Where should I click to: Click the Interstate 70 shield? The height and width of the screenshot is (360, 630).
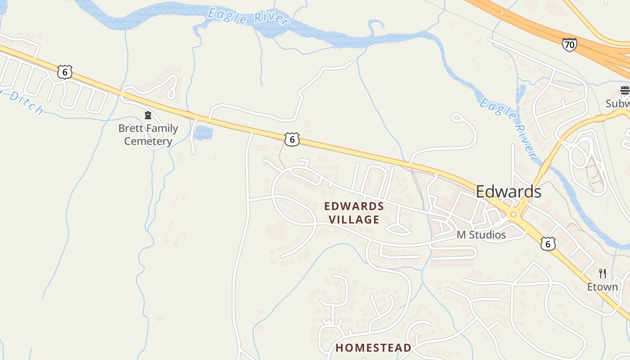(x=569, y=45)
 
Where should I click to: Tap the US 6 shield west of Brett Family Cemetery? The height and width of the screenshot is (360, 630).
(x=65, y=72)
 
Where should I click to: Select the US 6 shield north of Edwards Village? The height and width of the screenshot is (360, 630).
(x=292, y=139)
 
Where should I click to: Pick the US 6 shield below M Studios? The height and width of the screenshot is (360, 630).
(x=548, y=243)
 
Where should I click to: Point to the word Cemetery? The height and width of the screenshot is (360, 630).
(x=148, y=141)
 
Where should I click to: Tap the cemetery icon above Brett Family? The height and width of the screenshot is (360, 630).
(x=148, y=116)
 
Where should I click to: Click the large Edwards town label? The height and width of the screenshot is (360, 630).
(x=508, y=192)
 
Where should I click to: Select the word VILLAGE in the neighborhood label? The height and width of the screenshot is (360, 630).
(x=354, y=220)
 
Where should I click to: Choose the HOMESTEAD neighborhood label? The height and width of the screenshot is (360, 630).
(x=373, y=348)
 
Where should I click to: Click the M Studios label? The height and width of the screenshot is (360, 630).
(x=481, y=235)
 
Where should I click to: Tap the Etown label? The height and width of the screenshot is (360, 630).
(x=603, y=287)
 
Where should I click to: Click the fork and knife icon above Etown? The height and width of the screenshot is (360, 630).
(x=603, y=273)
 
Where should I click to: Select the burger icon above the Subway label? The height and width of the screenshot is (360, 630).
(x=625, y=90)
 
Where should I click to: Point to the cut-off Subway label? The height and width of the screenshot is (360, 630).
(x=617, y=103)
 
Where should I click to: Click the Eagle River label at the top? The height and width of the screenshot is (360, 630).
(x=248, y=16)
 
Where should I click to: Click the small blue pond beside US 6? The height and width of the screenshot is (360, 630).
(x=203, y=133)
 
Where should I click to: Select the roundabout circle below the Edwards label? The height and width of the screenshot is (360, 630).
(x=513, y=215)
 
